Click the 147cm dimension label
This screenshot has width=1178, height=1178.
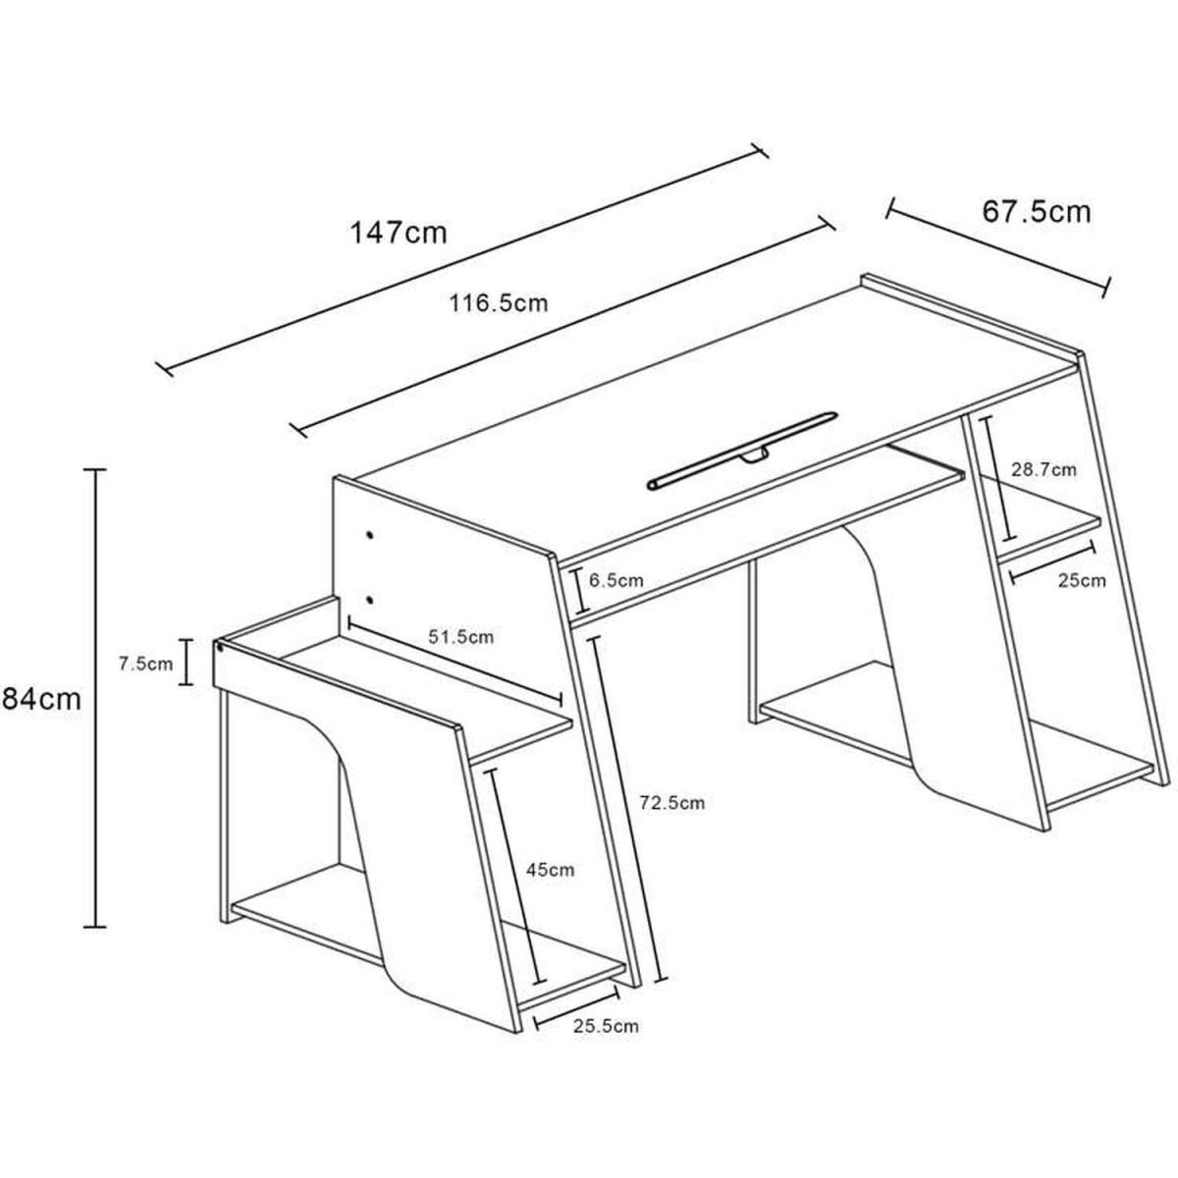coord(399,233)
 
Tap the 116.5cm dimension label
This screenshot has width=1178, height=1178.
coord(499,303)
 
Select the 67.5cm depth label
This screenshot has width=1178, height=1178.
coord(1037,211)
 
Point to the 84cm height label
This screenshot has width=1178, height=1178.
coord(40,699)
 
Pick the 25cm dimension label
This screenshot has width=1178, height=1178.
coord(1082,580)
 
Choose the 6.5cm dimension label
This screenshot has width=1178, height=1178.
coord(616,579)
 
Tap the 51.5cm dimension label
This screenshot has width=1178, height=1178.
coord(460,636)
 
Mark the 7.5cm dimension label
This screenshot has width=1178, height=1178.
coord(145,664)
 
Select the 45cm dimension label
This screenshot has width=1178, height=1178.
coord(551,870)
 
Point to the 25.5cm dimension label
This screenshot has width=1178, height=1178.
coord(606,1025)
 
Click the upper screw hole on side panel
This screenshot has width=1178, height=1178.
coord(370,535)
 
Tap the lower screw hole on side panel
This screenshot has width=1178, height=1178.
coord(369,600)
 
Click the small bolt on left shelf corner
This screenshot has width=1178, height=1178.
coord(220,644)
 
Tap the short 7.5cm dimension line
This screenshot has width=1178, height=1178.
coord(186,662)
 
